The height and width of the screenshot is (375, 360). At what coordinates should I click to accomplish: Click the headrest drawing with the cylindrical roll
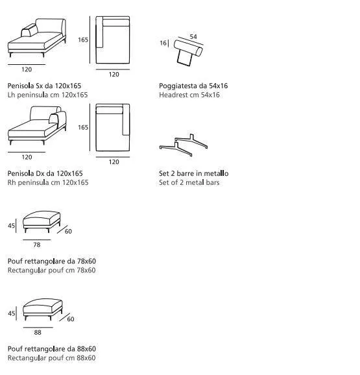coord(188,53)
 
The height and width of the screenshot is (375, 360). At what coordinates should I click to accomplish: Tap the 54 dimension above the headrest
coord(193,36)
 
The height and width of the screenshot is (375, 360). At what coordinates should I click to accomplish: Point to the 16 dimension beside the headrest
coord(163,43)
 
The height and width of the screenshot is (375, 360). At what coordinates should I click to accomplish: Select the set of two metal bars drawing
coord(184,145)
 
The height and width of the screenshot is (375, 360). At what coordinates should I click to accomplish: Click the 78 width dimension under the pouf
coord(37,245)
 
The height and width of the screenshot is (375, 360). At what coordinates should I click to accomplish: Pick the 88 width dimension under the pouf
coord(38,332)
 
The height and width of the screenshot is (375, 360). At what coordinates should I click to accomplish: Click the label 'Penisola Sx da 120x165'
coord(45,86)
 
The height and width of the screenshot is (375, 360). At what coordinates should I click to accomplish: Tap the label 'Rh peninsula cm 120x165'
coord(48,182)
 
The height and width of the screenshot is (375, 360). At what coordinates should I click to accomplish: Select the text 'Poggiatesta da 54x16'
coord(193,86)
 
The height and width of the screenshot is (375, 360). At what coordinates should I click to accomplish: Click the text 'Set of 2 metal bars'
coord(189,182)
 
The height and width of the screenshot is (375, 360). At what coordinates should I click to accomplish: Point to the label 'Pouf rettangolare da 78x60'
coord(52,261)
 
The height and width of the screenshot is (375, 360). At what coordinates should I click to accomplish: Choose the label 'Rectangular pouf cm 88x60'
coord(52,358)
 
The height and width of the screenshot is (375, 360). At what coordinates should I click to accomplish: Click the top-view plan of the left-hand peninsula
coord(113,40)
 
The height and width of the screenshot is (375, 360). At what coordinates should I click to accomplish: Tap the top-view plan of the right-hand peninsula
coord(113,127)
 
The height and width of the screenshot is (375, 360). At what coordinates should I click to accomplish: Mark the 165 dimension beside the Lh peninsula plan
coord(83,40)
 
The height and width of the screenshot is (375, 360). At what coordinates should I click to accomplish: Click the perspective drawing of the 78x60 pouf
coord(42,221)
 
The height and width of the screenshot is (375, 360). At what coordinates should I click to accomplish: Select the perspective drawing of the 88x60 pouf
coord(43,309)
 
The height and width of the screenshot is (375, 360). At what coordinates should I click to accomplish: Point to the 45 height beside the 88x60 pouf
coord(11,313)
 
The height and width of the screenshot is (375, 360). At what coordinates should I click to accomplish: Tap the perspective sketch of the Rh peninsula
coord(37,126)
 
